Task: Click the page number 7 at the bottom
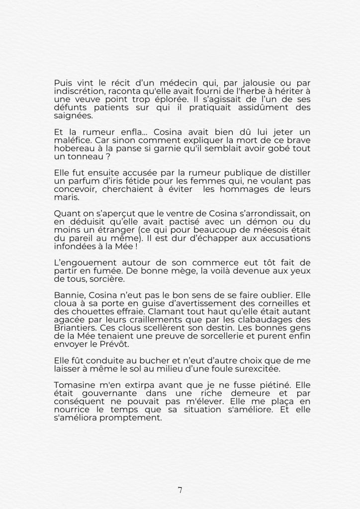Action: pyautogui.click(x=180, y=490)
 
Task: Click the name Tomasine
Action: pyautogui.click(x=74, y=385)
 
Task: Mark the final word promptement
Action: pyautogui.click(x=134, y=417)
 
